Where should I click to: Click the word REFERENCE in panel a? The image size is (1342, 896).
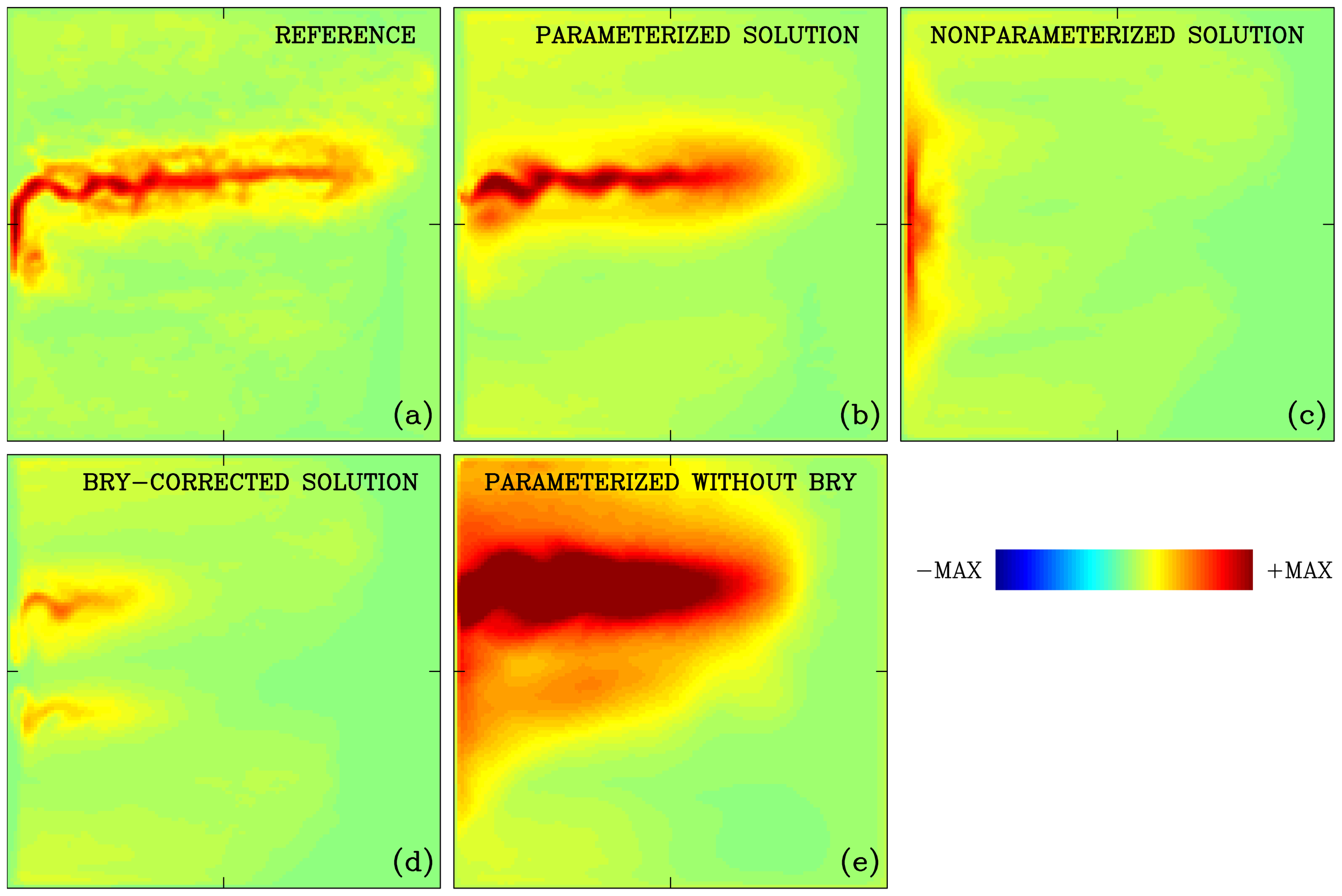[x=345, y=35]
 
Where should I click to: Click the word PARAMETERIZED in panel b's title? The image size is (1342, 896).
[x=632, y=35]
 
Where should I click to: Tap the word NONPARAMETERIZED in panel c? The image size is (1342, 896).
[x=1052, y=35]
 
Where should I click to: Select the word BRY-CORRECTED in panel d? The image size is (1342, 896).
[x=186, y=482]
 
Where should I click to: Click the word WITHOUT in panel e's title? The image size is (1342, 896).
[x=743, y=482]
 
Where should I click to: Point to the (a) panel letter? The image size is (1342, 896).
[x=412, y=415]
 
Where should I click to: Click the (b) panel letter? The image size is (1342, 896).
[x=859, y=415]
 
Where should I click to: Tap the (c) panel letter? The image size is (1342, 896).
[x=1307, y=415]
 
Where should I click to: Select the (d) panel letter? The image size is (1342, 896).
[x=412, y=862]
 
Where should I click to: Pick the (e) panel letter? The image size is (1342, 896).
[x=859, y=862]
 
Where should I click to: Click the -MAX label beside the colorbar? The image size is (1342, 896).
[x=949, y=571]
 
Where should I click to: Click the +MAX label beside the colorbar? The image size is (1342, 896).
[x=1299, y=571]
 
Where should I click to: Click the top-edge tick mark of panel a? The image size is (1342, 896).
[x=223, y=12]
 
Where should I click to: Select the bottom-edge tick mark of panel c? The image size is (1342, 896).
[x=1117, y=436]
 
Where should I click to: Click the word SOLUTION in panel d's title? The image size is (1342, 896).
[x=360, y=482]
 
